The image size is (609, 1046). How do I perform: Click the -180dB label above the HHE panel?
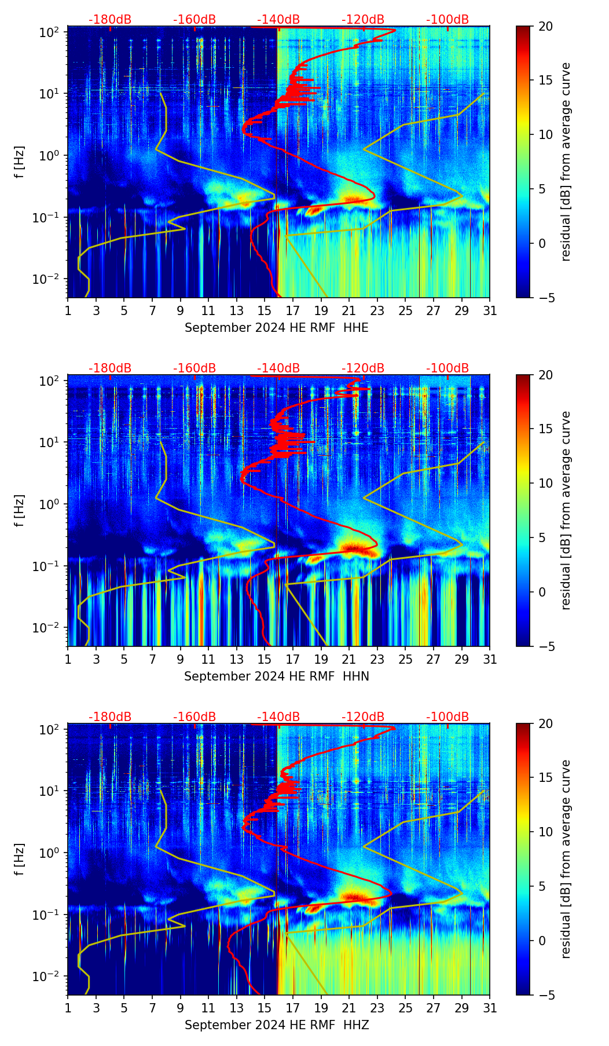[x=110, y=20]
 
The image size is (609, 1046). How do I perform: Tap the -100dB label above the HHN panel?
[x=447, y=368]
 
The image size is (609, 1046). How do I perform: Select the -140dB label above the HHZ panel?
[x=278, y=717]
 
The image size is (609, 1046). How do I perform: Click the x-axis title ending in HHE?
[x=276, y=328]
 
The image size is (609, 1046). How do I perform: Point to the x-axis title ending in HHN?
[x=276, y=676]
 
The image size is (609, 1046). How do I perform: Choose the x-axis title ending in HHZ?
[x=276, y=1025]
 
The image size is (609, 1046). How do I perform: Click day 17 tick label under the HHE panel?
[x=293, y=310]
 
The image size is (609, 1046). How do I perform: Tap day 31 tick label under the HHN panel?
[x=490, y=659]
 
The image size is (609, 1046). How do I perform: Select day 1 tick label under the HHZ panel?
[x=68, y=1008]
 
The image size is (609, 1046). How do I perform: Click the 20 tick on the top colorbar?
[x=545, y=27]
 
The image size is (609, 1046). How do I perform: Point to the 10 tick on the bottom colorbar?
[x=545, y=832]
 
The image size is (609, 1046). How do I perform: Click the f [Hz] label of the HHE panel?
[x=20, y=162]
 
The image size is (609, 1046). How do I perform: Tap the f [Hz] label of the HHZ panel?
[x=20, y=860]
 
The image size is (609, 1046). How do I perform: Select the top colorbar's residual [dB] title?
[x=566, y=162]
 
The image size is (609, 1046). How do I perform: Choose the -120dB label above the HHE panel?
[x=363, y=20]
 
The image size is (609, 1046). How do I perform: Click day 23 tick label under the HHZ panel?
[x=377, y=1008]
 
